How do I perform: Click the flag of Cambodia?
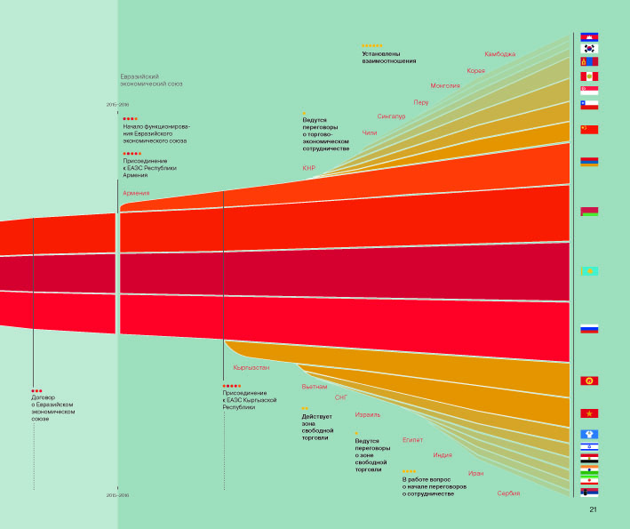[589, 37]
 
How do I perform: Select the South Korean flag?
[589, 49]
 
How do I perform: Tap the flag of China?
[589, 129]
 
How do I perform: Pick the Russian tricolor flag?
[589, 328]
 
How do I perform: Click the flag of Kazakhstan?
[589, 271]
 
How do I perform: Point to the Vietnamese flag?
[589, 413]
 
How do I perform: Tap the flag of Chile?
[589, 104]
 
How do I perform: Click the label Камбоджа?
[499, 54]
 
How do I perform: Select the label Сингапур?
[391, 116]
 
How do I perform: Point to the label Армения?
[136, 193]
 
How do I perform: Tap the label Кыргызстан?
[251, 367]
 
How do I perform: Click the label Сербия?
[508, 493]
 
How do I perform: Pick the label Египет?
[412, 439]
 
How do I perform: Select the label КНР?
[309, 168]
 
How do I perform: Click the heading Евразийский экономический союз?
[151, 81]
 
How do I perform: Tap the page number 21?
[593, 509]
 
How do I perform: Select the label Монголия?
[444, 86]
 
